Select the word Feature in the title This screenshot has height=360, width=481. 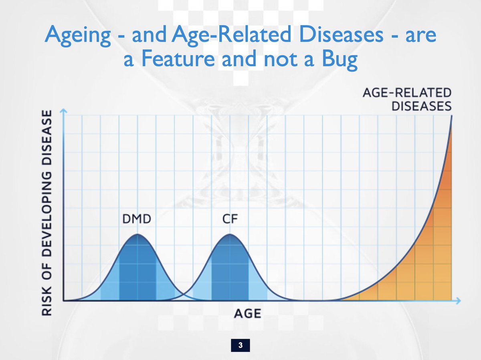(x=178, y=58)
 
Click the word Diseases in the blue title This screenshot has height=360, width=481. (x=341, y=34)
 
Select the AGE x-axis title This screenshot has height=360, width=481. (x=248, y=314)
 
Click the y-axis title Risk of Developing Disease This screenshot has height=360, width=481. (x=47, y=213)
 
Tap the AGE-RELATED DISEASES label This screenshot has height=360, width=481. (x=407, y=99)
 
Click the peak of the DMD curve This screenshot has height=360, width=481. (x=137, y=234)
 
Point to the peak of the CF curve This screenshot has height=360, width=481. (x=230, y=234)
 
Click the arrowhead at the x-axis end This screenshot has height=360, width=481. (x=458, y=301)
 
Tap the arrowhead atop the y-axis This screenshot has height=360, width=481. (x=63, y=111)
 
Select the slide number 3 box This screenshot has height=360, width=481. (x=240, y=345)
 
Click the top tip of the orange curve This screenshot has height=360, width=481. (x=452, y=116)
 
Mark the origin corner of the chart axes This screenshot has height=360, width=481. (x=64, y=301)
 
